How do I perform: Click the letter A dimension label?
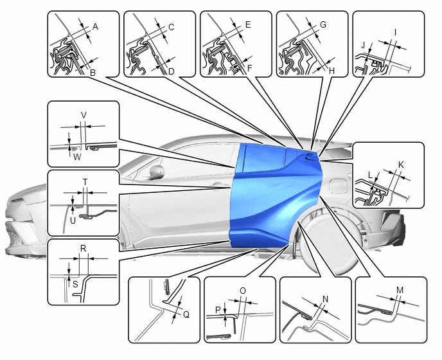coord(95,27)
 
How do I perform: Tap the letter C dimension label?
coord(172,27)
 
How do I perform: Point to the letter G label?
coord(323,24)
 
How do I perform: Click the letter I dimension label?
coord(396,31)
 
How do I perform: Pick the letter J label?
coord(363,45)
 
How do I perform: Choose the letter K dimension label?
coord(402,165)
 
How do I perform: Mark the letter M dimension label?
coord(400,290)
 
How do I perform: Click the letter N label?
coord(325,299)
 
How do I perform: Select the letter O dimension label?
coord(242,291)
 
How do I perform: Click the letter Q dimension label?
coord(186,314)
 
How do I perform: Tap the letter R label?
coord(82,248)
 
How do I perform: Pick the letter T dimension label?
coord(85,181)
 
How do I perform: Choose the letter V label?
coord(83,114)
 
